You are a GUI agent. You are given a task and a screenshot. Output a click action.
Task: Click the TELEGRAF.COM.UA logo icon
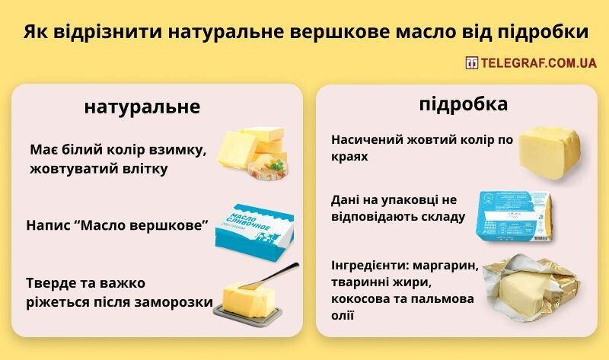click(471, 63)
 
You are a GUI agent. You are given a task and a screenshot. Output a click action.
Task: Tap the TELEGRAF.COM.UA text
click(537, 63)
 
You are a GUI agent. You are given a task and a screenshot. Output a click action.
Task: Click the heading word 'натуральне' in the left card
click(142, 107)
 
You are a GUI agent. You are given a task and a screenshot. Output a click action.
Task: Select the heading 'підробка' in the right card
click(464, 104)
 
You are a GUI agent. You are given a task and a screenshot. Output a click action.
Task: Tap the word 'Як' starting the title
click(33, 33)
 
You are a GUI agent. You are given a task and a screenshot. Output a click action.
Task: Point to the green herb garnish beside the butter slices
click(279, 164)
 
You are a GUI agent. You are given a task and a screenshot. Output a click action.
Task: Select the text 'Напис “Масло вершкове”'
click(118, 226)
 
